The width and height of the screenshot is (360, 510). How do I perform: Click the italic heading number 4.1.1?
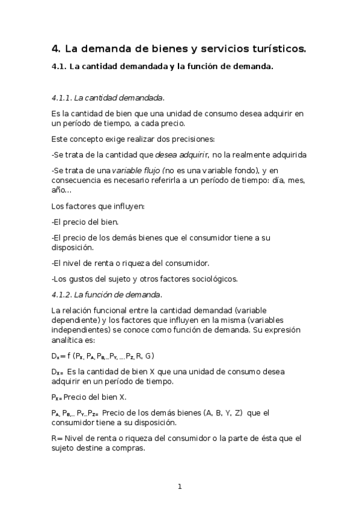[x=62, y=97]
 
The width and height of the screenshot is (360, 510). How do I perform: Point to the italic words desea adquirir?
[x=180, y=155]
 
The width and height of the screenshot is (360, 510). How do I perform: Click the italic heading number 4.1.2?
[x=63, y=294]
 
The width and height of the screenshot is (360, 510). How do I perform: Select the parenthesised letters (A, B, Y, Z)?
[x=221, y=413]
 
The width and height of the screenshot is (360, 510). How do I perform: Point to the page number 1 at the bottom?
[x=180, y=487]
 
